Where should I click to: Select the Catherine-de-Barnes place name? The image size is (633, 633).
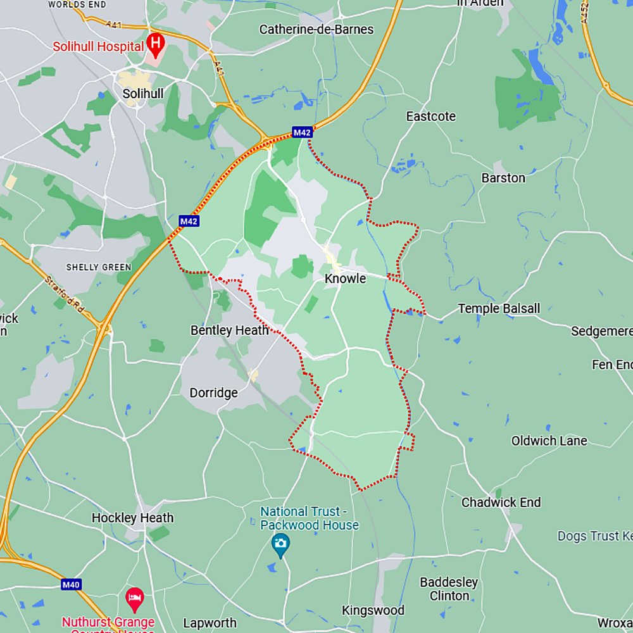click(x=316, y=29)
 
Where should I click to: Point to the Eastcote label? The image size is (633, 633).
click(x=430, y=116)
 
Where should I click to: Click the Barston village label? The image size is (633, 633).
click(x=503, y=178)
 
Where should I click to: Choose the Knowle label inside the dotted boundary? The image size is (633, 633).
click(x=345, y=279)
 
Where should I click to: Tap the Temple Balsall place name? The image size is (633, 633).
click(x=499, y=308)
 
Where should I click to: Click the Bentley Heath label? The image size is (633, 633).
click(x=229, y=330)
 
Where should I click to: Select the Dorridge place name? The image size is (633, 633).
click(x=214, y=392)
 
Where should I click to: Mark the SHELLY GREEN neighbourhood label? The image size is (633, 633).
click(x=99, y=267)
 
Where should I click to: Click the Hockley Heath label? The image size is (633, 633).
click(x=132, y=518)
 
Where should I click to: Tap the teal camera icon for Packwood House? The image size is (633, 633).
click(x=280, y=542)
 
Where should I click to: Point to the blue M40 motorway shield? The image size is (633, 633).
click(x=71, y=585)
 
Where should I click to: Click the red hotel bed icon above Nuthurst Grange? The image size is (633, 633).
click(x=134, y=596)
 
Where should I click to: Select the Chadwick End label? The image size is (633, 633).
click(x=501, y=503)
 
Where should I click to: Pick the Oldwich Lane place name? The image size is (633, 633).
click(x=549, y=441)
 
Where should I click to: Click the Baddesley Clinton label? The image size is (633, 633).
click(x=449, y=589)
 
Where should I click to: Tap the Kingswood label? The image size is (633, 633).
click(x=373, y=610)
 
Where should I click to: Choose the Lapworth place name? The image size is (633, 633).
click(x=210, y=623)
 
